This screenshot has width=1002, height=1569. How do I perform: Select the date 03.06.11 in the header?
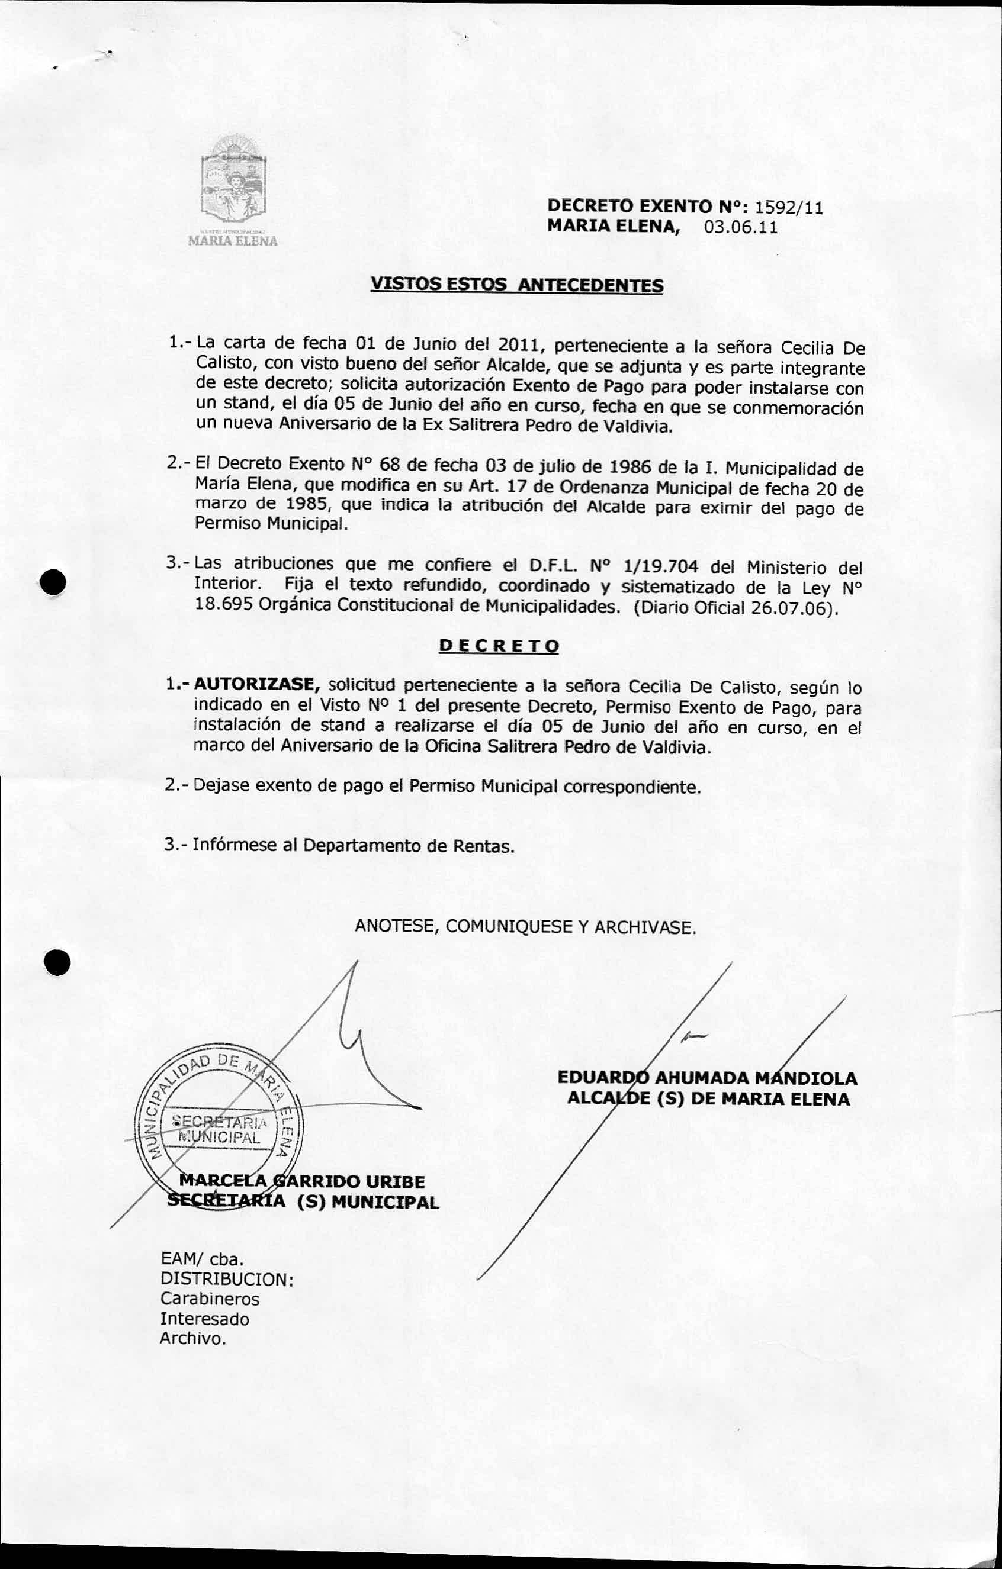(x=741, y=227)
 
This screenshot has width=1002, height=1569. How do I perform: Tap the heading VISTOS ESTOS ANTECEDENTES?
(x=517, y=285)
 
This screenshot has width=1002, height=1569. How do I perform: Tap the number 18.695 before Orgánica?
(x=224, y=604)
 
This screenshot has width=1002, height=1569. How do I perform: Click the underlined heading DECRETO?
(x=499, y=646)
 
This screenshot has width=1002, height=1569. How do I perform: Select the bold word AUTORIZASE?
(x=256, y=684)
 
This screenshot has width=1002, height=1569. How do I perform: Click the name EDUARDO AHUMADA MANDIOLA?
(x=707, y=1078)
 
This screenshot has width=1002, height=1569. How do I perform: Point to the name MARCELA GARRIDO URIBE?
(x=302, y=1181)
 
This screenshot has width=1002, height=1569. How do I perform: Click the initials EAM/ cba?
(x=202, y=1259)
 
